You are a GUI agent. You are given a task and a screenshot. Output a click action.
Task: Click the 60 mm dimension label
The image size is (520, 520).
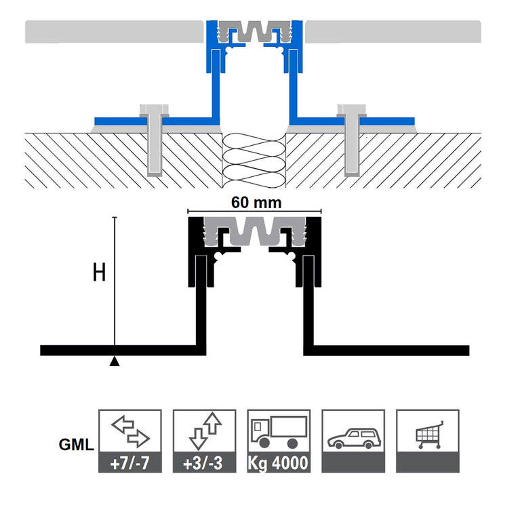tap(256, 203)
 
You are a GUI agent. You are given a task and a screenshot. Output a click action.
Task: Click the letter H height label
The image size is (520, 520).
tap(99, 273)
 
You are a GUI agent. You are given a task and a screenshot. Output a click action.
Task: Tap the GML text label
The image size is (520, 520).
tap(77, 445)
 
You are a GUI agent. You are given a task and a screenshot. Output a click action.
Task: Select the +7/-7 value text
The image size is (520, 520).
tap(129, 463)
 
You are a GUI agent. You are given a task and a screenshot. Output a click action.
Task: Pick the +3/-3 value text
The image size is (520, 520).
tap(203, 463)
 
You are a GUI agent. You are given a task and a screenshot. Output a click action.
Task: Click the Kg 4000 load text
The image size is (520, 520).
tap(278, 463)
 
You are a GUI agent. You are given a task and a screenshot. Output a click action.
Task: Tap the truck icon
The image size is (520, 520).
tap(279, 432)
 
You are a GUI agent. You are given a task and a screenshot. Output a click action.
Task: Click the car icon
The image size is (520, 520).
tap(354, 439)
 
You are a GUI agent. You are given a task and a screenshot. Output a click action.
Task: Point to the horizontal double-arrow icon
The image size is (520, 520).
tap(130, 431)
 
